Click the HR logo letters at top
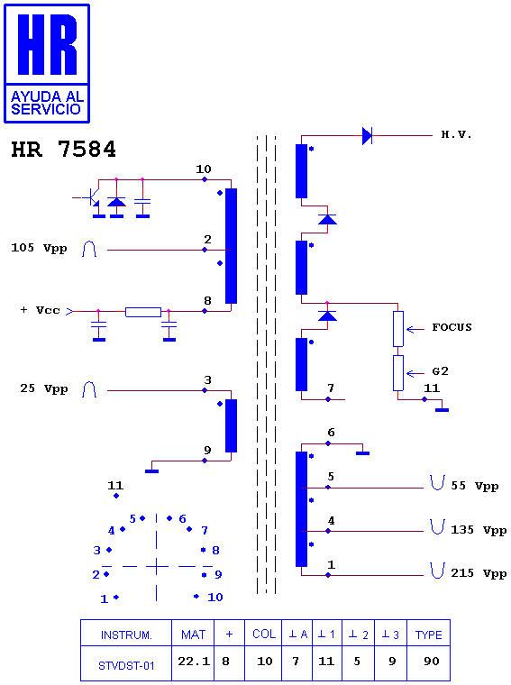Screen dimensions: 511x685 point(47,44)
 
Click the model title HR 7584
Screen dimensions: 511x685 point(63,150)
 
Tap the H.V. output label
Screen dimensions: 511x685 point(456,134)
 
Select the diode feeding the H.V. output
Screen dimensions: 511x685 point(368,136)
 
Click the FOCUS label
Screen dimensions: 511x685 point(452,327)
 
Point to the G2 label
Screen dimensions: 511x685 point(440,371)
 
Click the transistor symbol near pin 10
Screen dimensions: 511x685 point(92,198)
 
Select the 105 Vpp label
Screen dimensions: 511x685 point(39,248)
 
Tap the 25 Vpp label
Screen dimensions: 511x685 point(43,388)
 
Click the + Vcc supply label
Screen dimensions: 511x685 point(41,310)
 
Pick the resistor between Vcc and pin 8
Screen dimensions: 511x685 point(143,312)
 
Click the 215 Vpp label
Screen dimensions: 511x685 point(479,573)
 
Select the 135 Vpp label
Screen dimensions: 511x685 point(479,530)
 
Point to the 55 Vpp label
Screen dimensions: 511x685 point(475,486)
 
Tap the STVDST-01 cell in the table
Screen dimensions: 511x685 point(126,663)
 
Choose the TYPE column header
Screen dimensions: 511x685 point(428,635)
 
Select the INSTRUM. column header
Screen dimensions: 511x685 point(126,635)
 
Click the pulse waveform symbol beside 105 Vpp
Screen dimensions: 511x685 point(89,249)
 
